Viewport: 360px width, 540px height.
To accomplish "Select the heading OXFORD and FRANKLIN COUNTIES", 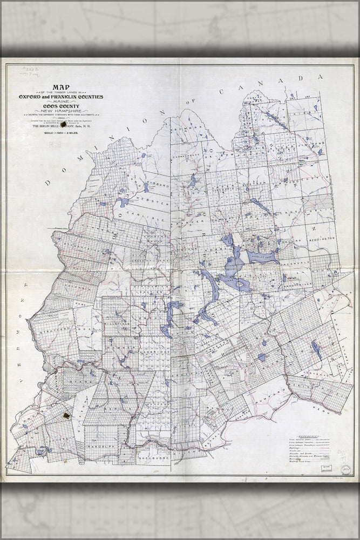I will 60,97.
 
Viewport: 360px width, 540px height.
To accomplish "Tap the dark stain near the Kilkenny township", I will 67,416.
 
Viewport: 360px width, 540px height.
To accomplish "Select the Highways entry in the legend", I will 294,448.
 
